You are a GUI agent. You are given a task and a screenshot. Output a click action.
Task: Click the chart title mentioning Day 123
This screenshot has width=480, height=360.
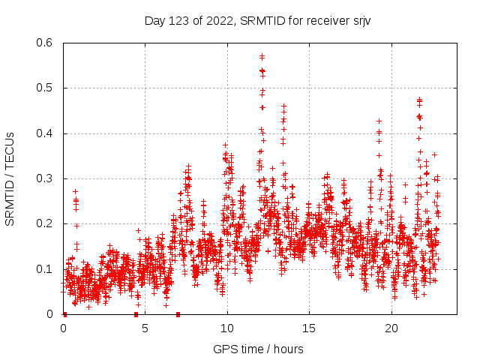click(257, 20)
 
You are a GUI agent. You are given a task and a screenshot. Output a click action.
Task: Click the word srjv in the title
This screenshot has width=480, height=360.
click(361, 20)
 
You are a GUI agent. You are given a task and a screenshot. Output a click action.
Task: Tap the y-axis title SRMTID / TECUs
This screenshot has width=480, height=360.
click(10, 178)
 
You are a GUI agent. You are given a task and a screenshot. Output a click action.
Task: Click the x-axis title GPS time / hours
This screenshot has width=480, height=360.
click(258, 349)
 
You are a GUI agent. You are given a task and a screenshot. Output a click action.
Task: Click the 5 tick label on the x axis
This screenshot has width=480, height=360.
click(145, 328)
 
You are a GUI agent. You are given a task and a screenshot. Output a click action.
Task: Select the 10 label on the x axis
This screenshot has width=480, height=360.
click(227, 328)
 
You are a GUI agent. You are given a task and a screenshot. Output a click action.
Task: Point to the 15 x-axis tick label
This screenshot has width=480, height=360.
click(309, 328)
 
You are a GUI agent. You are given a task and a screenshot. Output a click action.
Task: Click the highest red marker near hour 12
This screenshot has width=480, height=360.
click(262, 55)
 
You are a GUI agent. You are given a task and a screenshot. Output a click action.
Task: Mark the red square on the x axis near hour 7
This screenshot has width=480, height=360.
click(178, 314)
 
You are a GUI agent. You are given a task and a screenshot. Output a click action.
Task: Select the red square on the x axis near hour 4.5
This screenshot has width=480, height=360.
click(136, 314)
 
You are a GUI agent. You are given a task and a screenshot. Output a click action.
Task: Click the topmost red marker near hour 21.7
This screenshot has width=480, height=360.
click(419, 99)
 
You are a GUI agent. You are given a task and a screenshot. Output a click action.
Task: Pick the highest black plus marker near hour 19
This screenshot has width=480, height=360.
click(379, 121)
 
